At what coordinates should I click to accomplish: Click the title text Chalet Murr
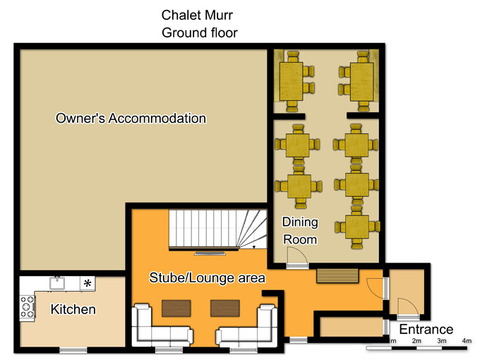pos(197,15)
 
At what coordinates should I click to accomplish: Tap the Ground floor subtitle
pos(200,32)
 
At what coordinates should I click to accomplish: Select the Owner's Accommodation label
pos(131,118)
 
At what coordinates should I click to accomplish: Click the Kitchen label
pos(73,309)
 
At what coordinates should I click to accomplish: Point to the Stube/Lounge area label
pos(207,277)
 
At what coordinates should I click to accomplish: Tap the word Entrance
pos(426,330)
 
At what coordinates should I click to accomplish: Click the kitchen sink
pos(57,283)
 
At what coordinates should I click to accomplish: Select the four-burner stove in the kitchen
pos(28,307)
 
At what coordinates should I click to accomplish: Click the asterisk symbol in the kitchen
pos(88,283)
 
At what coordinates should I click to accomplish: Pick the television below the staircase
pos(210,253)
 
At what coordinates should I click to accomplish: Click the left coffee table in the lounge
pos(176,308)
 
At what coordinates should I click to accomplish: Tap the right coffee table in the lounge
pos(225,308)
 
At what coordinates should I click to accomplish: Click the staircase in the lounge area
pos(217,229)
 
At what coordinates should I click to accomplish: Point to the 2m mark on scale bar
pos(416,341)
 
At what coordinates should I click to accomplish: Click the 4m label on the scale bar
pos(467,341)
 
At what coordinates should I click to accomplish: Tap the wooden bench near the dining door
pos(337,276)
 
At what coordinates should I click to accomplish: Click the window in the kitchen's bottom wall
pos(73,350)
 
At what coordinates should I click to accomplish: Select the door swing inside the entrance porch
pos(408,306)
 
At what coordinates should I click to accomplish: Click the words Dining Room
pos(300,231)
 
